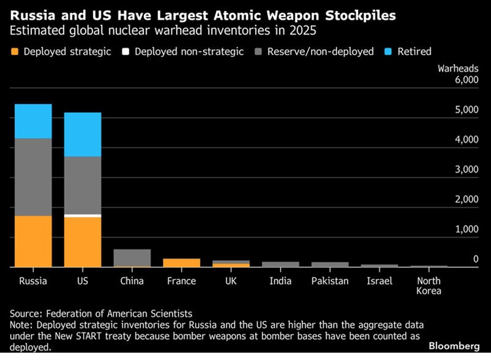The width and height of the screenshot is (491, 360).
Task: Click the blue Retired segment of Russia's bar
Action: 33,121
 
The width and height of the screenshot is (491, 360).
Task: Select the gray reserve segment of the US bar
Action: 82,185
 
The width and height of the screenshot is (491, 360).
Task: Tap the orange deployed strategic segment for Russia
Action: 33,241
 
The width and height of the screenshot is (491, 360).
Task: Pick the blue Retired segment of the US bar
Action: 82,134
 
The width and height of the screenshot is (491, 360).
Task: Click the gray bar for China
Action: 132,257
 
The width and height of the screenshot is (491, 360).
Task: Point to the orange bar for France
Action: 181,262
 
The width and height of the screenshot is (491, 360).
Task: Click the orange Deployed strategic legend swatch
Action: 14,51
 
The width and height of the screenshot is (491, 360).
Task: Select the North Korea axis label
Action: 429,285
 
